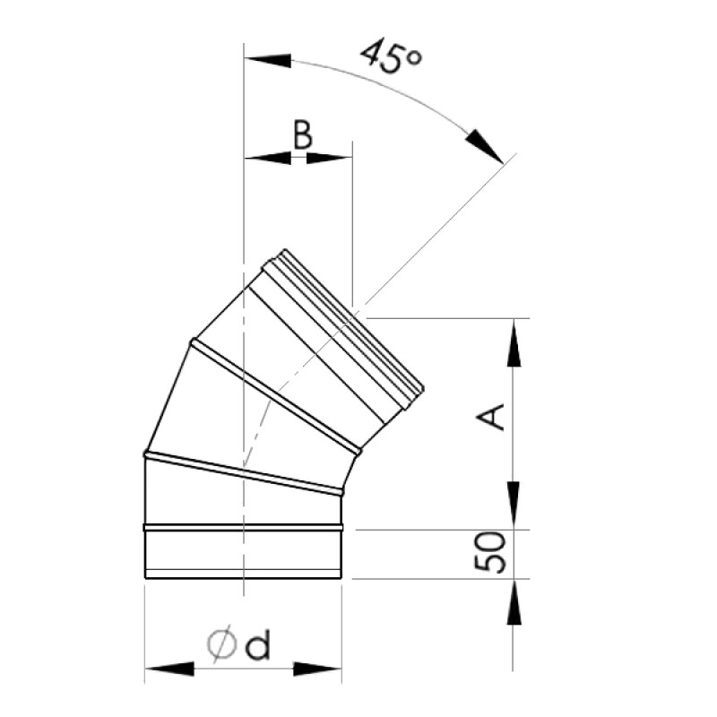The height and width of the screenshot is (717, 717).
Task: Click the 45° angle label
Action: (x=391, y=57)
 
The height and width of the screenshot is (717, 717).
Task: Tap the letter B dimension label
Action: (x=303, y=136)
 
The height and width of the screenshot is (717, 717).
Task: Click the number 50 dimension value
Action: (x=491, y=553)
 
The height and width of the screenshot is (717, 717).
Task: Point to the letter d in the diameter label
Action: (x=258, y=645)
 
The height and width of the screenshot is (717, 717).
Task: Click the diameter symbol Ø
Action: (x=221, y=645)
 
